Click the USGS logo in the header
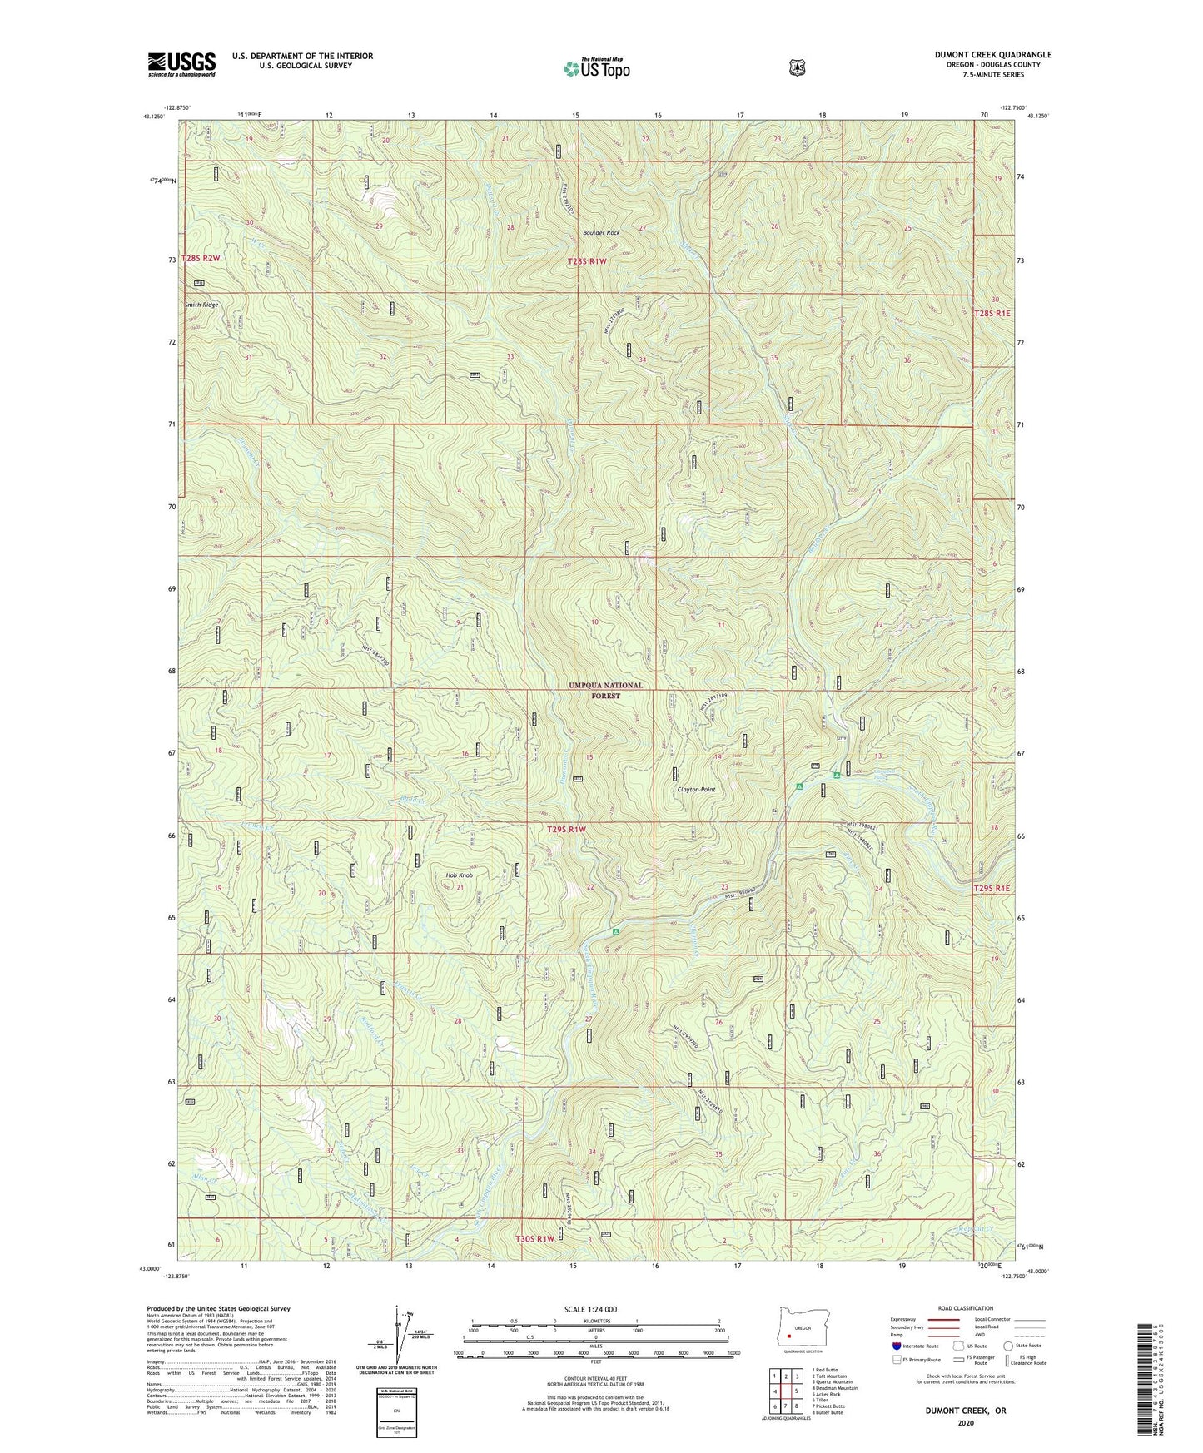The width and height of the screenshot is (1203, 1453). click(181, 64)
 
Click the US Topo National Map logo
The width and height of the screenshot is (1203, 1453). click(595, 68)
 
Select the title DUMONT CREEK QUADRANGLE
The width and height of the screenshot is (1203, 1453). click(992, 55)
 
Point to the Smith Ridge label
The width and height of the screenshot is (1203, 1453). click(202, 305)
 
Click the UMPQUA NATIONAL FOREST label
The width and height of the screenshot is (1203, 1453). click(605, 690)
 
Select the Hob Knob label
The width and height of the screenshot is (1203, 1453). click(459, 875)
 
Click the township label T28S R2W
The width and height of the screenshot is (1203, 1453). click(201, 259)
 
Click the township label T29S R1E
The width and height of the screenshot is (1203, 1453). click(992, 889)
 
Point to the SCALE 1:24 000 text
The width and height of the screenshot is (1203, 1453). click(590, 1309)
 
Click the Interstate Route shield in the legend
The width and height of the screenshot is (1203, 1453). click(896, 1345)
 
